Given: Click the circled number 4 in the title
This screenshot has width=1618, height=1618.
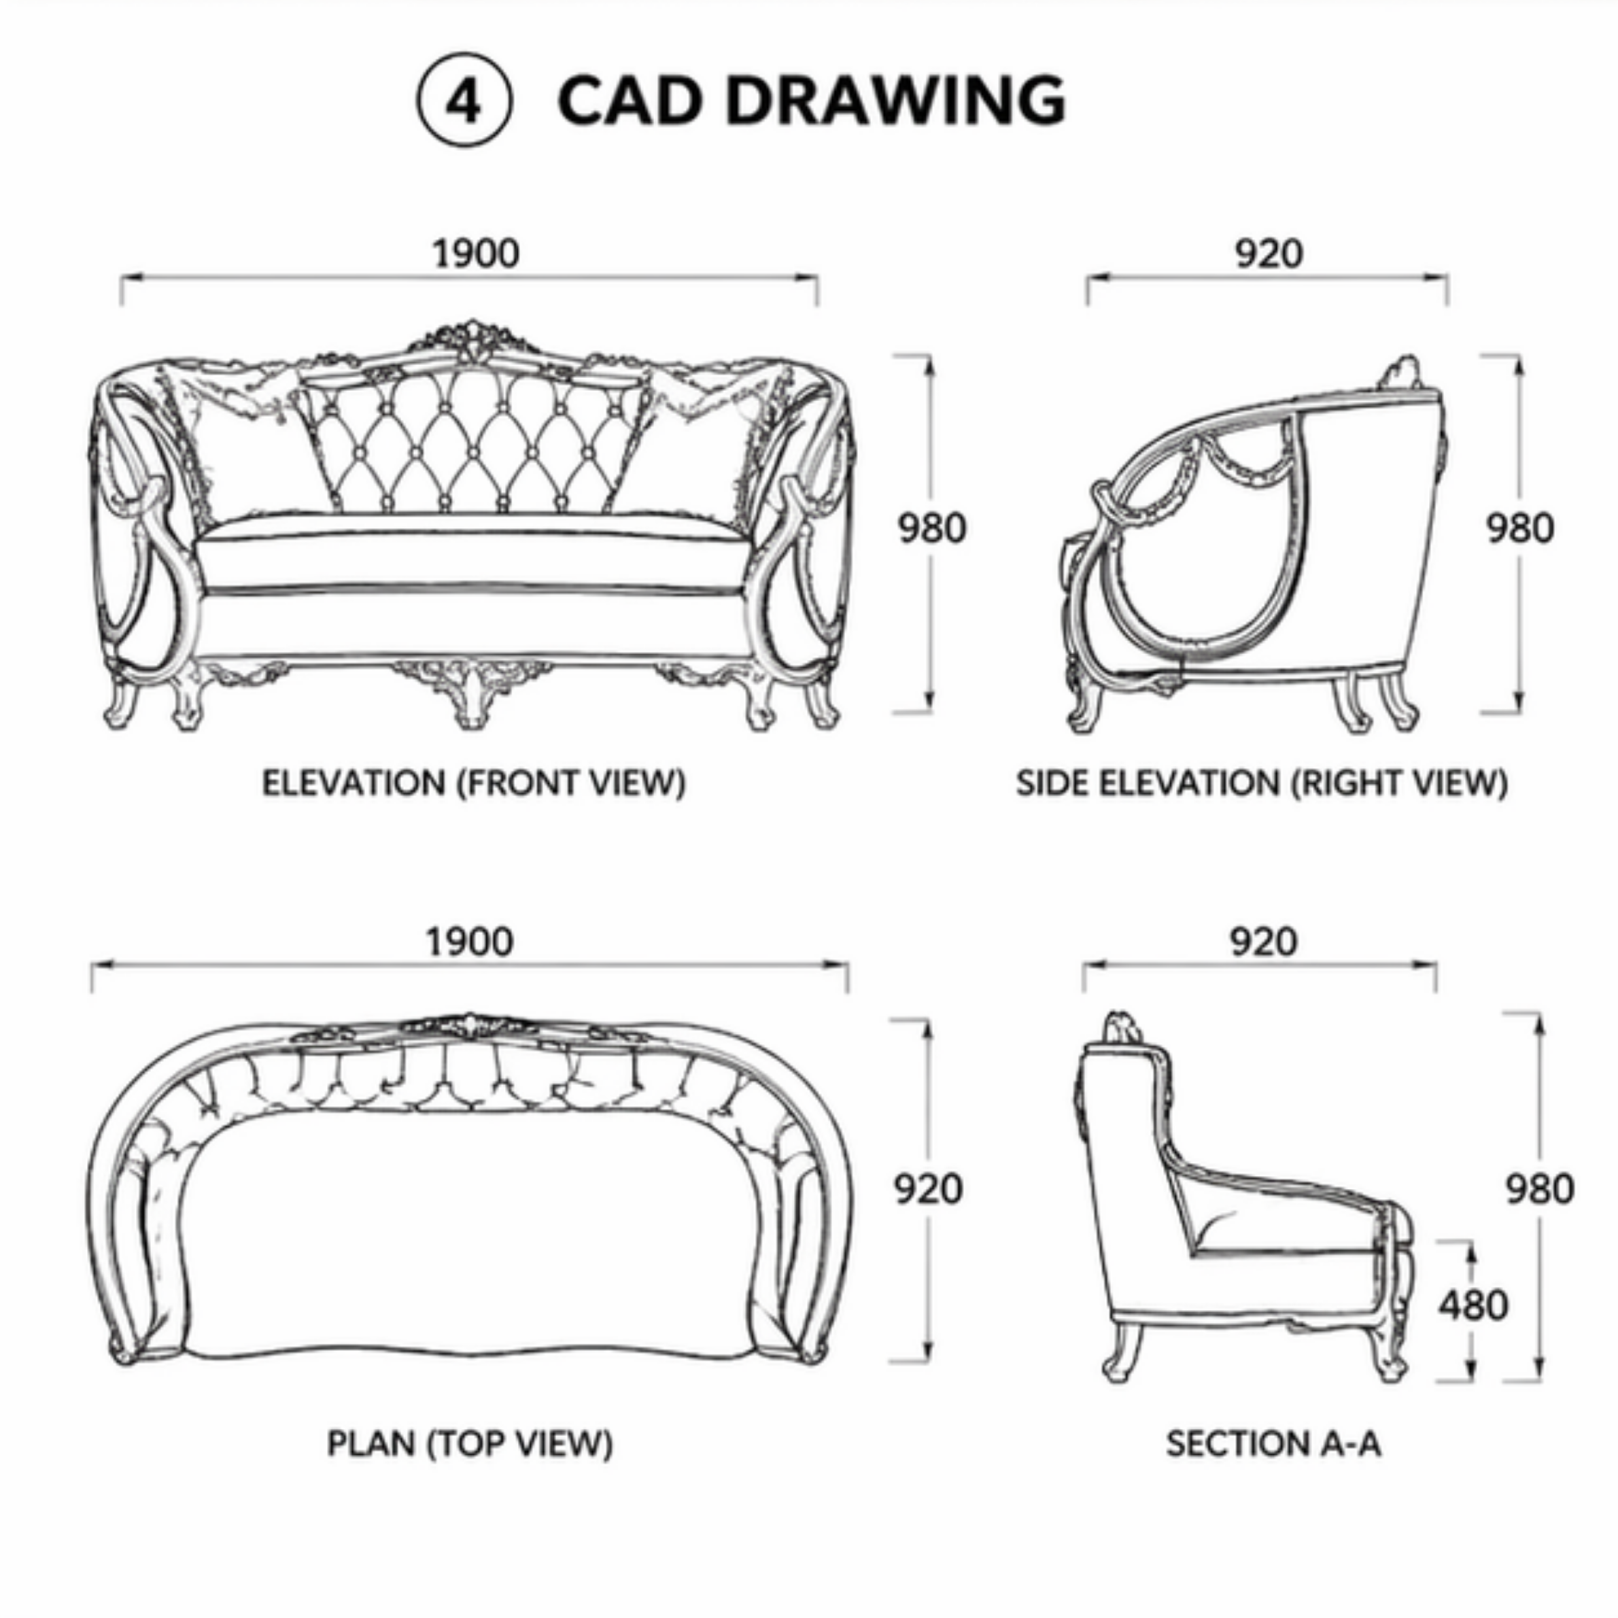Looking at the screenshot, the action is click(x=463, y=102).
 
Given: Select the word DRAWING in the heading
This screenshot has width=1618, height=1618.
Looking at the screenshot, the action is click(x=895, y=101).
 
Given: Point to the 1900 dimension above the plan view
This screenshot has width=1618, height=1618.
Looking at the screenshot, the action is click(x=470, y=942).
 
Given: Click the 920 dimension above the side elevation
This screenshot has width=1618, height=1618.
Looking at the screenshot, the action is click(x=1269, y=253).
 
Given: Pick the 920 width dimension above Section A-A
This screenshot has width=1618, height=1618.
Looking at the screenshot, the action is click(x=1264, y=942).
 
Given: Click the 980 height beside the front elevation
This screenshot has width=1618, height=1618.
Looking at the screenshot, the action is click(x=932, y=528).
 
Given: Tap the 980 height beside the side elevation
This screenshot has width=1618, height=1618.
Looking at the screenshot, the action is click(x=1520, y=528).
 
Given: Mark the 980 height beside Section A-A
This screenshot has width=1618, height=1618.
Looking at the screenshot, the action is click(x=1540, y=1189).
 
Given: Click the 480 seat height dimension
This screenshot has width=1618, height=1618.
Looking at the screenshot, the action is click(x=1474, y=1305).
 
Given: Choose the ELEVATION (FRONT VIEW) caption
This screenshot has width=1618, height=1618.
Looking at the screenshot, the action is click(x=474, y=783).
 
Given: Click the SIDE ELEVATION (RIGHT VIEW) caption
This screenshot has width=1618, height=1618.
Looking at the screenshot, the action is click(x=1262, y=783).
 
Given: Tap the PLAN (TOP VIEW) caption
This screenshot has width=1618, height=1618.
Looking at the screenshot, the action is click(x=470, y=1443).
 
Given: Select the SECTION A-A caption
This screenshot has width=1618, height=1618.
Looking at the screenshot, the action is click(x=1273, y=1443).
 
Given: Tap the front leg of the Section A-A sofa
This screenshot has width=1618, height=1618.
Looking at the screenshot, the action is click(x=1388, y=1348).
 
